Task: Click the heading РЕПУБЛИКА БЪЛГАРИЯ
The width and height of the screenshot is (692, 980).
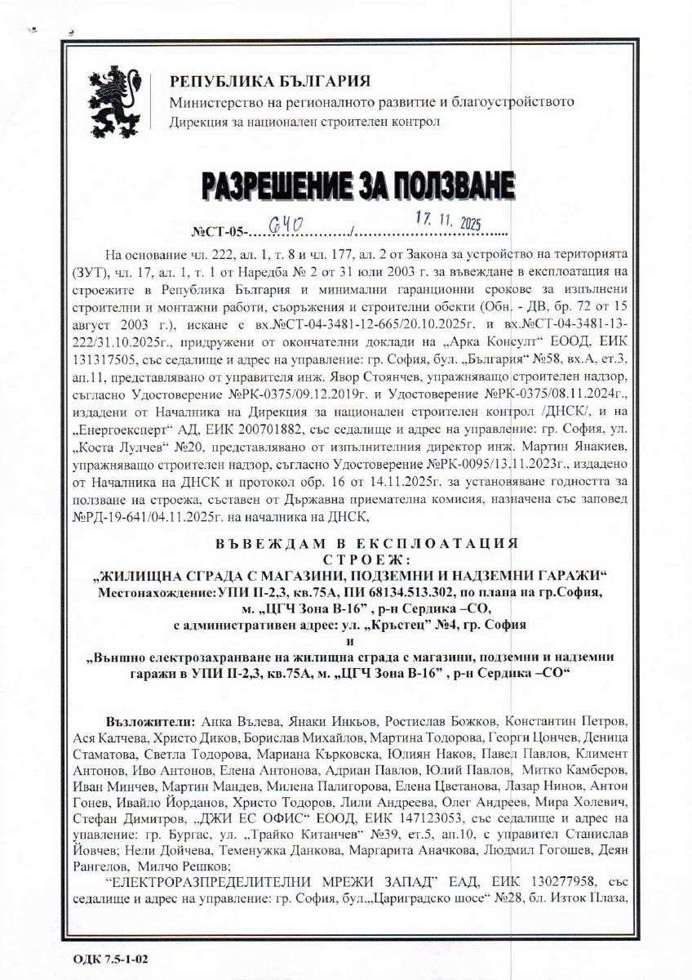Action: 270,82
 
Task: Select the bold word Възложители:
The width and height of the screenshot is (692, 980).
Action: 149,723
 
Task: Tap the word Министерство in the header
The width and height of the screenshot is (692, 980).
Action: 213,102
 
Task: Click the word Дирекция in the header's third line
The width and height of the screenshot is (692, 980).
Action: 196,122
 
